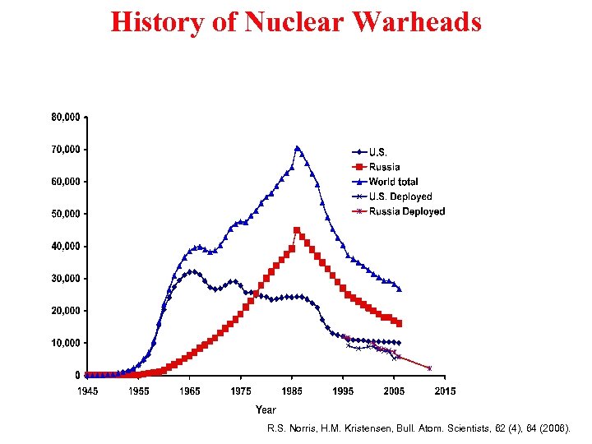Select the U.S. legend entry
[379, 152]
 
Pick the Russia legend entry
[384, 167]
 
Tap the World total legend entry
[393, 182]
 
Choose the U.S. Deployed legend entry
[400, 197]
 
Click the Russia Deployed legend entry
[406, 211]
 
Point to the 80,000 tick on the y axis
[66, 118]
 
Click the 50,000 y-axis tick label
[66, 214]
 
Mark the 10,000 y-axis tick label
[66, 343]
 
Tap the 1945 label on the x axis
[87, 391]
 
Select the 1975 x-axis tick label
[241, 391]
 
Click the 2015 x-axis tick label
[445, 391]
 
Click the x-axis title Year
[266, 409]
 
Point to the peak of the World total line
[297, 148]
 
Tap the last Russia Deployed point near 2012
[429, 368]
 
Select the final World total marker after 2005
[400, 289]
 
